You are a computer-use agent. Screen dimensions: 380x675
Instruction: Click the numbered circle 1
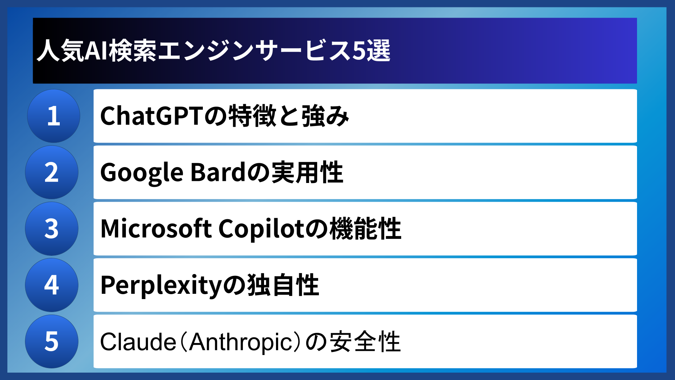[53, 116]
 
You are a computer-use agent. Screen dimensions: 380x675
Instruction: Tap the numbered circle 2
[52, 172]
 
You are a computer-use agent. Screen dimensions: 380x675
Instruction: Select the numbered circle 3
[52, 229]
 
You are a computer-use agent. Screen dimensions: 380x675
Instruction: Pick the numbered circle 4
[52, 285]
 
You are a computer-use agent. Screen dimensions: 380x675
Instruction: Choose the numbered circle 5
[52, 341]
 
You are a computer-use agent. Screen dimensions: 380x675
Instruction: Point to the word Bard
[218, 172]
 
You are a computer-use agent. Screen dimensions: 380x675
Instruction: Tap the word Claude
[138, 342]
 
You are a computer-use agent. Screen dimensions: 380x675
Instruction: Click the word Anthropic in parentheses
[241, 342]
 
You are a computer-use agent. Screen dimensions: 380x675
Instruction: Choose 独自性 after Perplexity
[283, 285]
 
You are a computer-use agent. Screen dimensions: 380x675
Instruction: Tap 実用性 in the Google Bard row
[307, 172]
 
